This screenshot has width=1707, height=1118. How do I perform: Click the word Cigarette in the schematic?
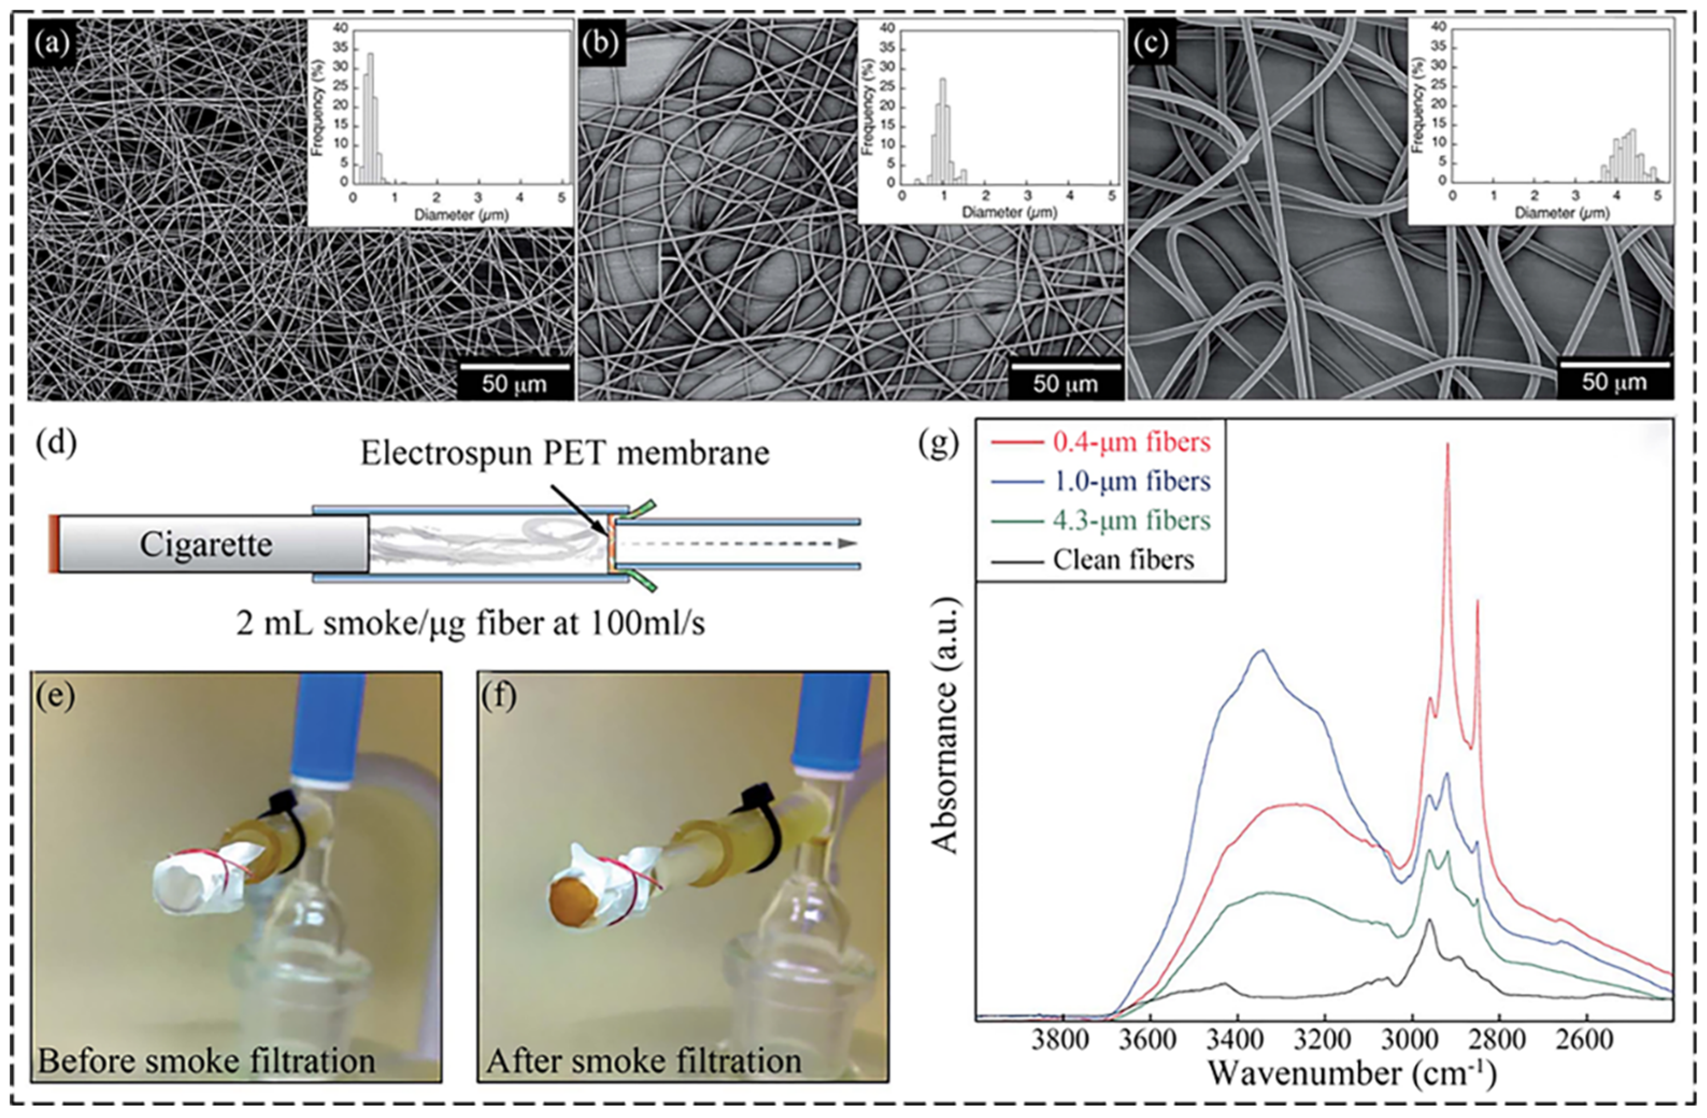point(206,544)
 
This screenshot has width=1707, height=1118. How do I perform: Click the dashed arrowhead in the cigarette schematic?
point(849,543)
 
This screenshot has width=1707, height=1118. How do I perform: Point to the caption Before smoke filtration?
point(206,1060)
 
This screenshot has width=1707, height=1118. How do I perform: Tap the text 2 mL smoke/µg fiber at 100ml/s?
point(470,623)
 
